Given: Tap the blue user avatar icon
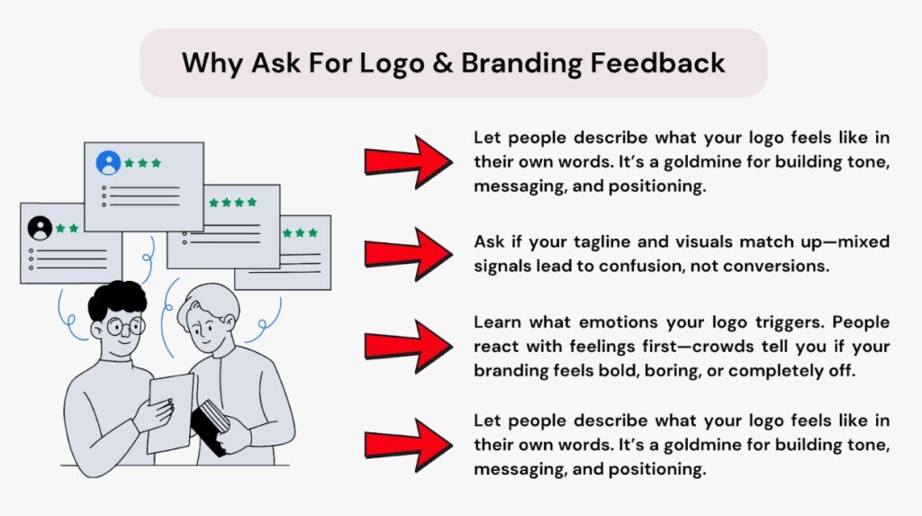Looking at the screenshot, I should (x=109, y=163).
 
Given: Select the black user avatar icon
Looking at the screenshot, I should (x=40, y=228).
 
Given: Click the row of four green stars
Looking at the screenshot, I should (x=232, y=203).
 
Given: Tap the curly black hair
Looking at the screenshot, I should (x=117, y=300).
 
